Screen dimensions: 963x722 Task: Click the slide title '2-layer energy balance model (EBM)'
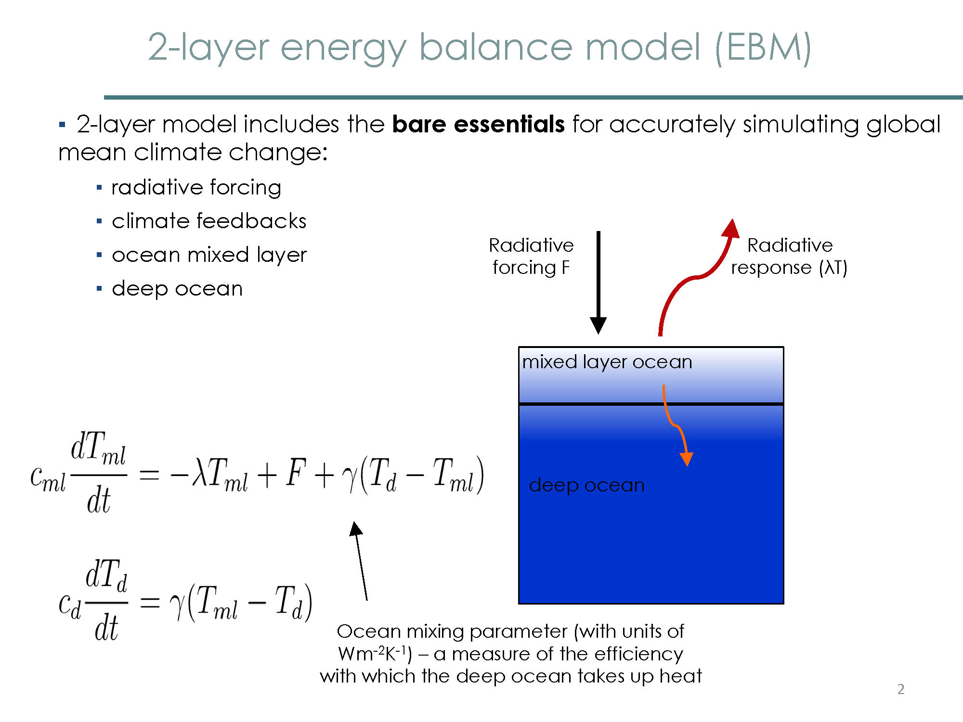click(480, 48)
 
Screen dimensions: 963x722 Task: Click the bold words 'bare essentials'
click(478, 124)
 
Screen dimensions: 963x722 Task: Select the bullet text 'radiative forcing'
click(196, 188)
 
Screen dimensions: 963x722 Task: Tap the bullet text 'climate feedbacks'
click(209, 221)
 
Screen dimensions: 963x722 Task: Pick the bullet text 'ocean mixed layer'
click(209, 255)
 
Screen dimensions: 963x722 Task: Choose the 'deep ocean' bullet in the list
click(177, 289)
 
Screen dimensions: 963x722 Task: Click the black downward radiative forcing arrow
click(598, 283)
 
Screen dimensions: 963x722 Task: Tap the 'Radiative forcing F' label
click(531, 256)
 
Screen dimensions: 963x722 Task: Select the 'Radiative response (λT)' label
click(789, 256)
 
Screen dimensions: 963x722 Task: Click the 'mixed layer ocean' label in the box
click(607, 362)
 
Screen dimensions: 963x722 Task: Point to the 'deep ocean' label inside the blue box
click(586, 485)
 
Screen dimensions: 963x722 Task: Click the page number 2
click(901, 689)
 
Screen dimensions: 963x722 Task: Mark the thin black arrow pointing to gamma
click(361, 561)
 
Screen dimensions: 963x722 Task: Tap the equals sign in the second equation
click(149, 602)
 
